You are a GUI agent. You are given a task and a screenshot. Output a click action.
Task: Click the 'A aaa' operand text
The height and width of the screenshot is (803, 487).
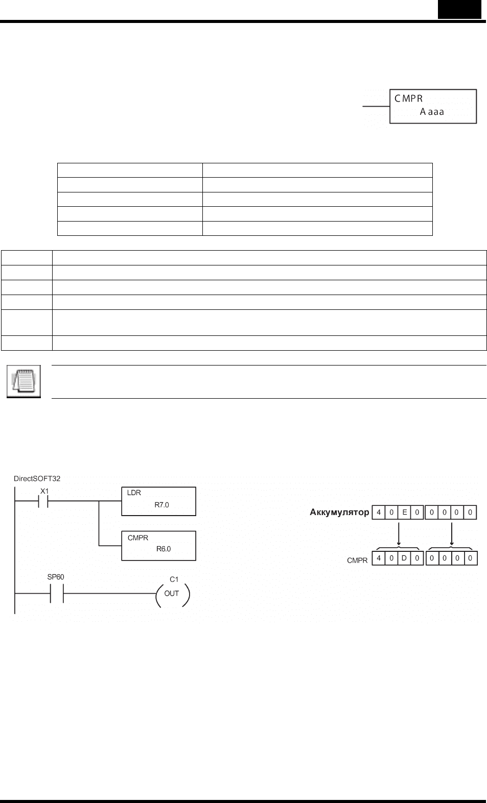pos(432,112)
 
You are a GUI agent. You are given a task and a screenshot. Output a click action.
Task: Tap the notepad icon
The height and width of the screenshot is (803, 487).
pos(24,381)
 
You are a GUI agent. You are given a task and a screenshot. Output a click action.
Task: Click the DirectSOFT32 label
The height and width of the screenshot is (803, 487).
pos(37,478)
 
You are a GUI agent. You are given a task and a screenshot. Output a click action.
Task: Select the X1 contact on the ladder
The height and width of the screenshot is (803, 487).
pos(43,501)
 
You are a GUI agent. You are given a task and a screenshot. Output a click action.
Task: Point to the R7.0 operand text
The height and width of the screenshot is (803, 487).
pos(161,505)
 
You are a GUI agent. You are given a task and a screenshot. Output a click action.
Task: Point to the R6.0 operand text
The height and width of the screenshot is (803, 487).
pos(164,549)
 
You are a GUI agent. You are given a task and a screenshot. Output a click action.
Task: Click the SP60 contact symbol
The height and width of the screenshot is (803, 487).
pos(57,593)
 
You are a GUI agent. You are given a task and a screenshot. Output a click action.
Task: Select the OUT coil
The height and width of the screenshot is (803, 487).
pos(172,593)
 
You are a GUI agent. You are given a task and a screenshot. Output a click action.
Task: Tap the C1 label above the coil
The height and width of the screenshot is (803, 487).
pos(174,579)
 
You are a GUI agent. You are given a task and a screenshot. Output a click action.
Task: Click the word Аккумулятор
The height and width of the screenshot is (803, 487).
pos(339,512)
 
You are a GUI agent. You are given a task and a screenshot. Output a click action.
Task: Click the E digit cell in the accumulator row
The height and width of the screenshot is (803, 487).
pos(404,512)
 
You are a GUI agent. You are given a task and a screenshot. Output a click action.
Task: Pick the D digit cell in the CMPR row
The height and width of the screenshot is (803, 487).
pos(404,558)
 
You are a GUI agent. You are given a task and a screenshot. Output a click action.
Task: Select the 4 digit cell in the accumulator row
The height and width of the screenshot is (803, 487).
pos(379,512)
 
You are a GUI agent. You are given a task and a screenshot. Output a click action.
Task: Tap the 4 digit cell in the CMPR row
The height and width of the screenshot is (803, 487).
pos(379,558)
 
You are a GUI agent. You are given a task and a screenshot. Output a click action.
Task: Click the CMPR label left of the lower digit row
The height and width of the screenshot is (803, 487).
pos(357,561)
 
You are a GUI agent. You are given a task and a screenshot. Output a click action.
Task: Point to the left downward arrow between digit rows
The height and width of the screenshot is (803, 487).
pos(399,534)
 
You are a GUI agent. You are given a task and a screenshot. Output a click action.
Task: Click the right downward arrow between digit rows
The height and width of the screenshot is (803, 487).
pos(451,534)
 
